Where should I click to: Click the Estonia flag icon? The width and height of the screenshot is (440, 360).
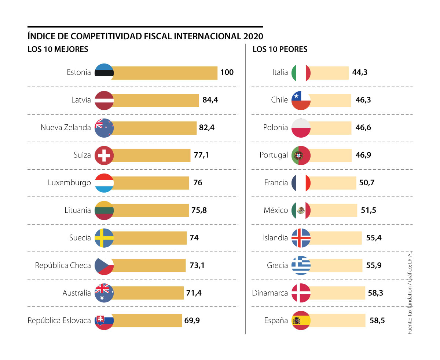104,72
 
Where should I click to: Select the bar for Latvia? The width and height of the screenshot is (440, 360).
156,100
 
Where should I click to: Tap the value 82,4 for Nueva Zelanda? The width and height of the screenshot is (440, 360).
208,127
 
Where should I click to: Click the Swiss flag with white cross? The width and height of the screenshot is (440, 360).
104,155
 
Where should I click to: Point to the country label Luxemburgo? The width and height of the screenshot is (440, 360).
69,182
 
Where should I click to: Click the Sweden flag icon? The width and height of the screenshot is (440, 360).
104,238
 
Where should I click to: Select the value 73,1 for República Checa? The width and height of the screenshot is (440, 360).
198,265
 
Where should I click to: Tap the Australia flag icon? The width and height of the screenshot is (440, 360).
104,293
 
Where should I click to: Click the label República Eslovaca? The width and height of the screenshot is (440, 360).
59,320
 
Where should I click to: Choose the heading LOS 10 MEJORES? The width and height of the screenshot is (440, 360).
58,49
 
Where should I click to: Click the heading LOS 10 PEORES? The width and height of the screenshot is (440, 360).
280,49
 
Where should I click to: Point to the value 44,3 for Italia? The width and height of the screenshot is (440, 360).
360,72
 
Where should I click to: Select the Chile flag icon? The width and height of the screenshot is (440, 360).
301,100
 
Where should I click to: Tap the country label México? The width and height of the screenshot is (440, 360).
276,210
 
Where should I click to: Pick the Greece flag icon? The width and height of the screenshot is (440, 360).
301,265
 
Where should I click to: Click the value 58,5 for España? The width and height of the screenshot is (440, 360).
377,320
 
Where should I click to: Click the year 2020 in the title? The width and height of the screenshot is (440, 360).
253,36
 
